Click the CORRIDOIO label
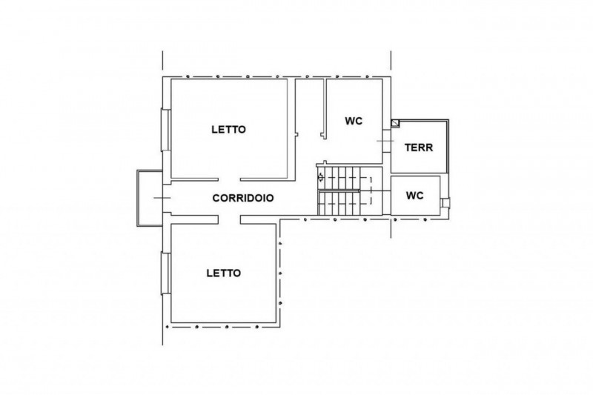click(x=243, y=198)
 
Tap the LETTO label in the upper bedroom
click(x=229, y=130)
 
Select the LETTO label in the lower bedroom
click(x=224, y=273)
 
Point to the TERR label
click(x=419, y=147)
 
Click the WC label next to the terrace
click(x=354, y=121)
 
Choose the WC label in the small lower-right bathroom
click(x=414, y=196)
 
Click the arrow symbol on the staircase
click(x=321, y=177)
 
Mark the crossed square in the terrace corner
click(x=395, y=123)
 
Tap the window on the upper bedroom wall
click(x=165, y=130)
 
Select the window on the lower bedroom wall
click(x=165, y=273)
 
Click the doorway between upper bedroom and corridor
click(x=229, y=179)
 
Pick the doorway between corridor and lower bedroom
click(x=230, y=219)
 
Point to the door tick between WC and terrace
click(x=385, y=141)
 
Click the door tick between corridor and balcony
click(x=162, y=198)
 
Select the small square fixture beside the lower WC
click(x=446, y=203)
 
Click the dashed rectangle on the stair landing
click(x=365, y=191)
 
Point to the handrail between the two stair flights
click(x=339, y=191)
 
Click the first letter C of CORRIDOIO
click(x=216, y=198)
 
